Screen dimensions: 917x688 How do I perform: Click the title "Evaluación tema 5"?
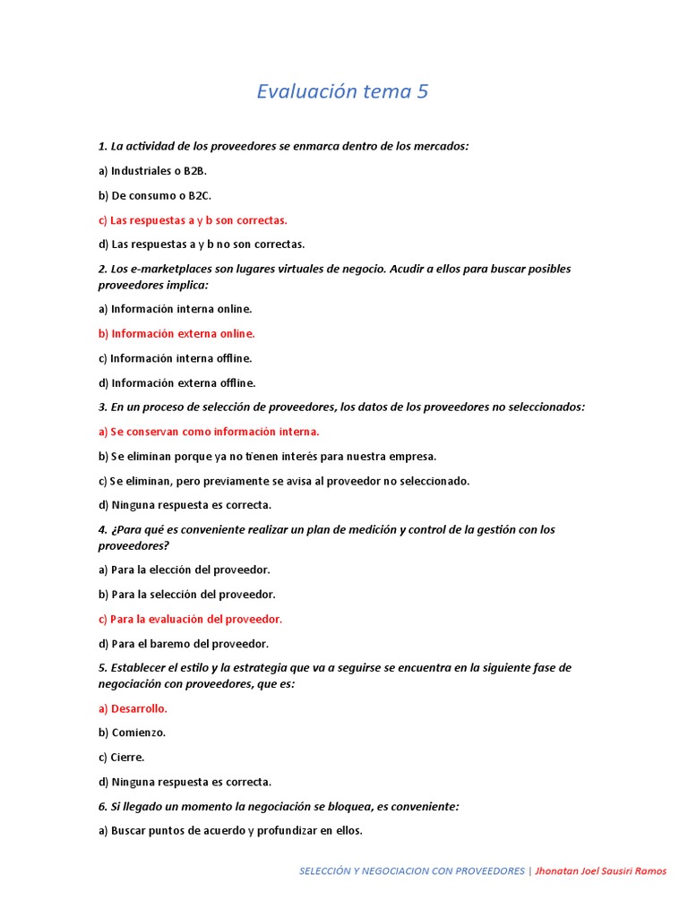(343, 91)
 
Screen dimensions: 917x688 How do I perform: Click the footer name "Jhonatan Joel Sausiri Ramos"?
(600, 871)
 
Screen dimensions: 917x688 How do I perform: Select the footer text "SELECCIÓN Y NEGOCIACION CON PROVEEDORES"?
(411, 871)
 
